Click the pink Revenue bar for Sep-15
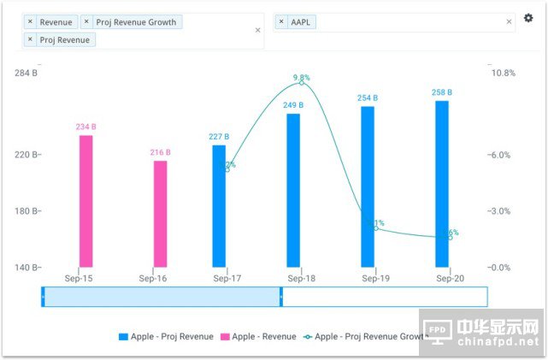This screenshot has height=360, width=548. [x=85, y=201]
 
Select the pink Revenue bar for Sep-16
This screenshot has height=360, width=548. [x=161, y=214]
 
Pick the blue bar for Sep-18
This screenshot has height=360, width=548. [x=293, y=190]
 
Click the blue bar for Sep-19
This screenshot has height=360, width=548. [x=368, y=186]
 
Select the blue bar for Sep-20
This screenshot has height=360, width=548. [x=442, y=184]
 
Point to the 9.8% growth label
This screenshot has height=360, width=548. [x=301, y=78]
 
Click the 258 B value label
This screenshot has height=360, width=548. [x=442, y=92]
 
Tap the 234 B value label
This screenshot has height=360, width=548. [x=85, y=127]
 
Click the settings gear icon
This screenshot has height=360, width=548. [x=528, y=18]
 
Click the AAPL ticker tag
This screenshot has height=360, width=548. [x=296, y=21]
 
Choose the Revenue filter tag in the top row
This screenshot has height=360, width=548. [x=50, y=21]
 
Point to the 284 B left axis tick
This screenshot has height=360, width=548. [x=27, y=74]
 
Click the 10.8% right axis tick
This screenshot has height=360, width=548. [x=503, y=74]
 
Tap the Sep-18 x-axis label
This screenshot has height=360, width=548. [x=302, y=279]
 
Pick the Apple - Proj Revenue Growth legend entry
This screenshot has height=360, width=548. [x=365, y=337]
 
